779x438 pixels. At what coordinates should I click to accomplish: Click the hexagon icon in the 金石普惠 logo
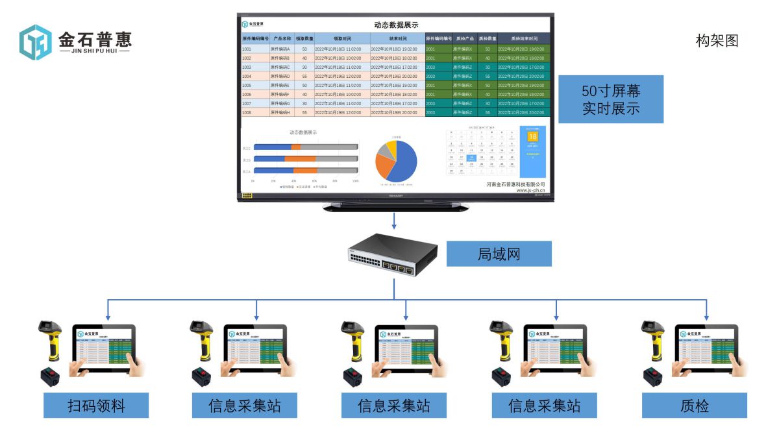pyautogui.click(x=36, y=42)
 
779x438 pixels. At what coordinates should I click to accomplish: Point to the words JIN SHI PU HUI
pyautogui.click(x=94, y=51)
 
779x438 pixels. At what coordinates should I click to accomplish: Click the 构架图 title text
pyautogui.click(x=717, y=41)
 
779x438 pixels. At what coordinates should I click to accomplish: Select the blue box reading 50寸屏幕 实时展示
pyautogui.click(x=610, y=99)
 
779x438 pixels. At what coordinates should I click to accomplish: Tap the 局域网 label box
pyautogui.click(x=499, y=254)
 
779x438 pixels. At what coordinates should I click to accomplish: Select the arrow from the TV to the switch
pyautogui.click(x=393, y=223)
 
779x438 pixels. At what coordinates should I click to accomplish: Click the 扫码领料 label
pyautogui.click(x=96, y=406)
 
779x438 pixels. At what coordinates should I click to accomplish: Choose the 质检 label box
pyautogui.click(x=694, y=406)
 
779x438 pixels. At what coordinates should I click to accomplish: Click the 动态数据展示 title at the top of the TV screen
pyautogui.click(x=396, y=25)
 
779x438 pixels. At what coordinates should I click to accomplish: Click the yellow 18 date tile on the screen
pyautogui.click(x=532, y=137)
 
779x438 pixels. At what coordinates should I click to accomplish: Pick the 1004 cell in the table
pyautogui.click(x=247, y=76)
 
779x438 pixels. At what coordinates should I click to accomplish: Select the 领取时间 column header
pyautogui.click(x=342, y=39)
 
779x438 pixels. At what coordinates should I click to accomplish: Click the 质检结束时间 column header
pyautogui.click(x=524, y=39)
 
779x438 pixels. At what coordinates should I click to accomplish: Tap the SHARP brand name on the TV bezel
pyautogui.click(x=396, y=195)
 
